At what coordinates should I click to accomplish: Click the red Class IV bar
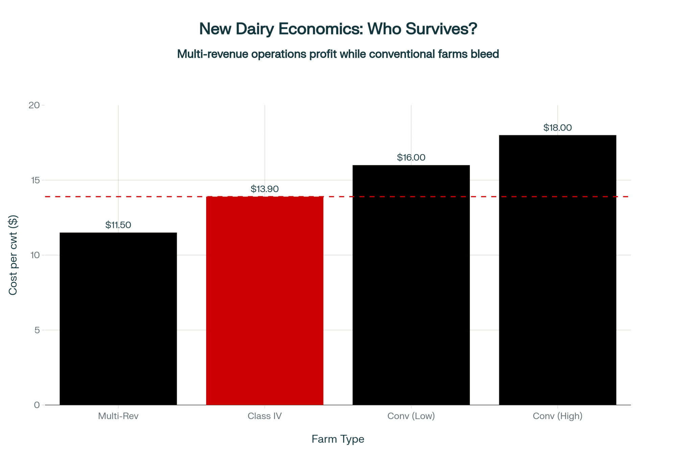coord(265,300)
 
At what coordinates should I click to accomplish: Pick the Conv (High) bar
coord(557,270)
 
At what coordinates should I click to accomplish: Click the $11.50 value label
coord(118,225)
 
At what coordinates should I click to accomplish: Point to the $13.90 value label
coord(265,189)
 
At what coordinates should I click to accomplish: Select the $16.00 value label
coord(411,157)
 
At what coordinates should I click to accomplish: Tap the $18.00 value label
coord(557,128)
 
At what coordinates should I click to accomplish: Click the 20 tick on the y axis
coord(34,105)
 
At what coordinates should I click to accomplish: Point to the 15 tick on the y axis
coord(35,180)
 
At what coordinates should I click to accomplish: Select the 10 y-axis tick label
coord(35,255)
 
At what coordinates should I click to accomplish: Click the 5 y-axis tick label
coord(37,330)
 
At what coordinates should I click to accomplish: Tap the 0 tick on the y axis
coord(37,405)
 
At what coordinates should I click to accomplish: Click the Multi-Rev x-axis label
coord(118,416)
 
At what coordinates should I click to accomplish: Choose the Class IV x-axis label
coord(265,416)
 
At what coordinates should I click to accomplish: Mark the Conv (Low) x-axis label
coord(411,416)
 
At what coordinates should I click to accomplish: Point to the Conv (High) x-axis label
coord(557,416)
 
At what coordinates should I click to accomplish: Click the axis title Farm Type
coord(338,439)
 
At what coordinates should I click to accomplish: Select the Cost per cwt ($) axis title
coord(13,255)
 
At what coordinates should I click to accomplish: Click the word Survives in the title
coord(441,29)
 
